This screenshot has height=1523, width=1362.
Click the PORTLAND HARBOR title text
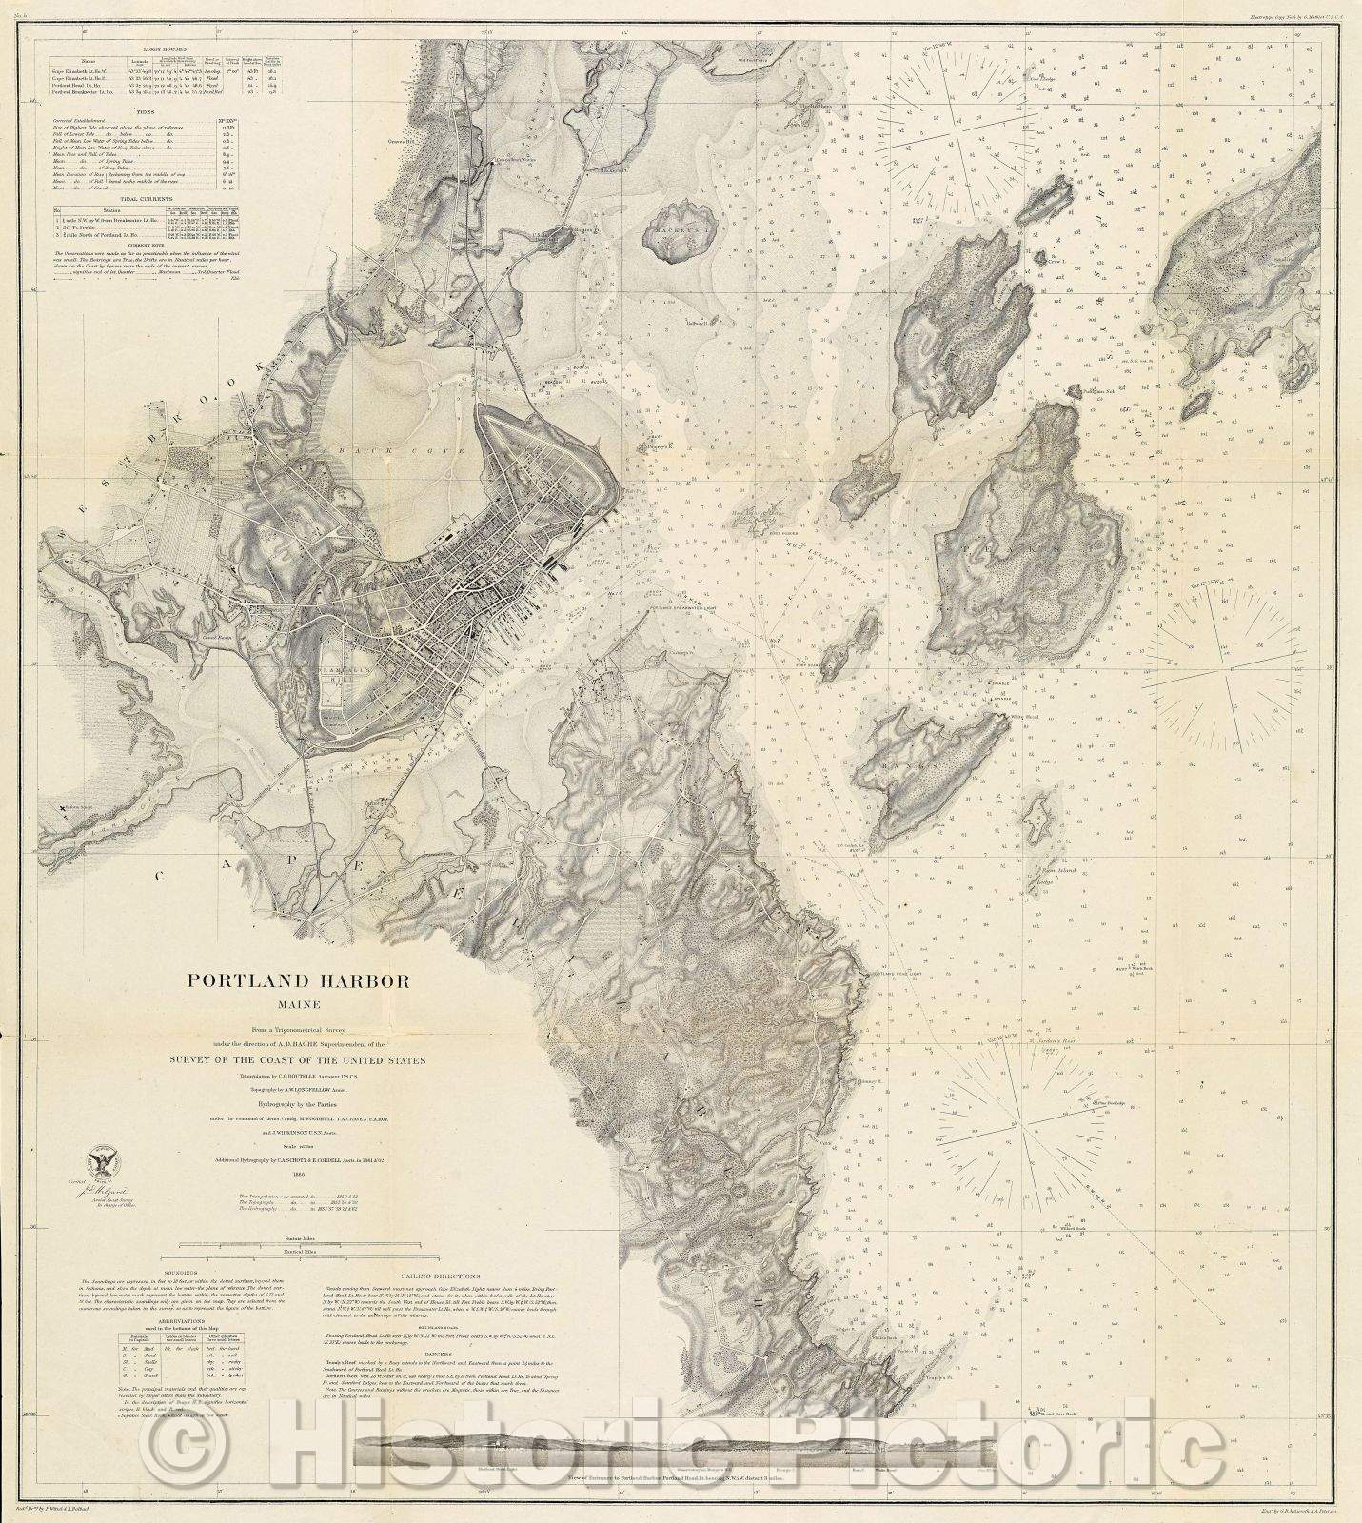click(x=297, y=981)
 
